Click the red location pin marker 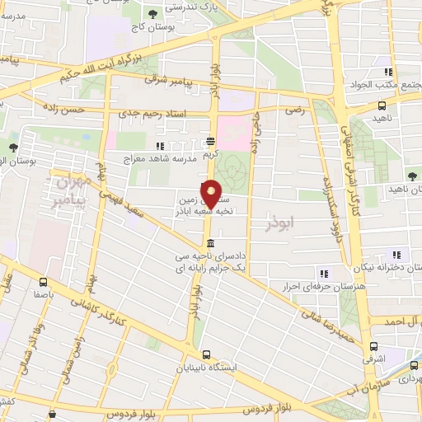click(212, 193)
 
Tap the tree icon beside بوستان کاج click(152, 13)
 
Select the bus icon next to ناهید click(381, 105)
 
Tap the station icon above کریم click(212, 140)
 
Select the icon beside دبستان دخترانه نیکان click(396, 254)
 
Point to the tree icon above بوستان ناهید click(410, 176)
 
